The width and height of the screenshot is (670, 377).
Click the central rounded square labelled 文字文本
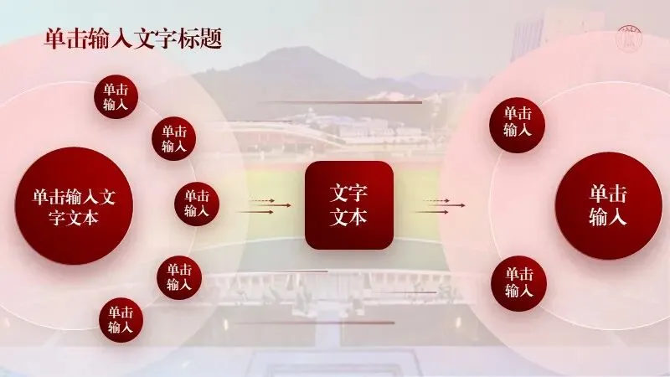click(348, 205)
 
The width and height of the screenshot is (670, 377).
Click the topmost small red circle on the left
click(116, 97)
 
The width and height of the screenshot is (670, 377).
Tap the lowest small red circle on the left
click(121, 320)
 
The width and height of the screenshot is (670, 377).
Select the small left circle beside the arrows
click(197, 204)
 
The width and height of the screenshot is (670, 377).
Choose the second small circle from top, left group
click(173, 138)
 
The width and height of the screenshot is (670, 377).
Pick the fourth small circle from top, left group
click(178, 277)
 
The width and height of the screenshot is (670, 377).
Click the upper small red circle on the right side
click(517, 122)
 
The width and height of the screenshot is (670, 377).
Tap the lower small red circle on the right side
click(518, 283)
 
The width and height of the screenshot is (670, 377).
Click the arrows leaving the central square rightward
click(437, 206)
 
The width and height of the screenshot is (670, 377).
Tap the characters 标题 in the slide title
click(204, 39)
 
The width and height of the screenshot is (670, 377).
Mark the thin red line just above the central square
click(339, 103)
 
